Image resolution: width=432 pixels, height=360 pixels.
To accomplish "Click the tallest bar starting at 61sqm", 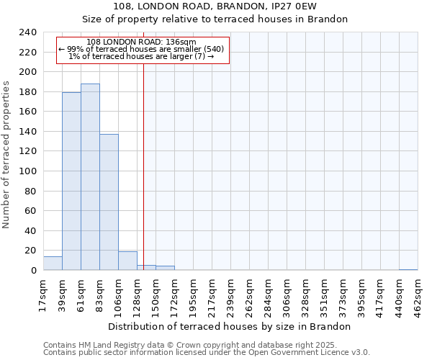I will (90, 177).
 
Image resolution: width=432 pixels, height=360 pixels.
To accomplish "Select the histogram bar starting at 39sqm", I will (71, 181).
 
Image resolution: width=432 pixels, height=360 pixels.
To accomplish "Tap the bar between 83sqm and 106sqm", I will (109, 202).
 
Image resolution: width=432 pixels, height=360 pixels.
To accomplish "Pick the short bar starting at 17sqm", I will (53, 264).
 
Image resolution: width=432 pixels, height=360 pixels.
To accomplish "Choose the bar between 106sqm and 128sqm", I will (127, 261).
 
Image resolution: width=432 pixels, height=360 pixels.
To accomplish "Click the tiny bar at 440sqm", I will (408, 269).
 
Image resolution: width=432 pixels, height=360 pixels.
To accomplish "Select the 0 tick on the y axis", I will (33, 271).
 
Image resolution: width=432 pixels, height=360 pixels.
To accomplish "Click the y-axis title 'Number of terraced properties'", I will (6, 154).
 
